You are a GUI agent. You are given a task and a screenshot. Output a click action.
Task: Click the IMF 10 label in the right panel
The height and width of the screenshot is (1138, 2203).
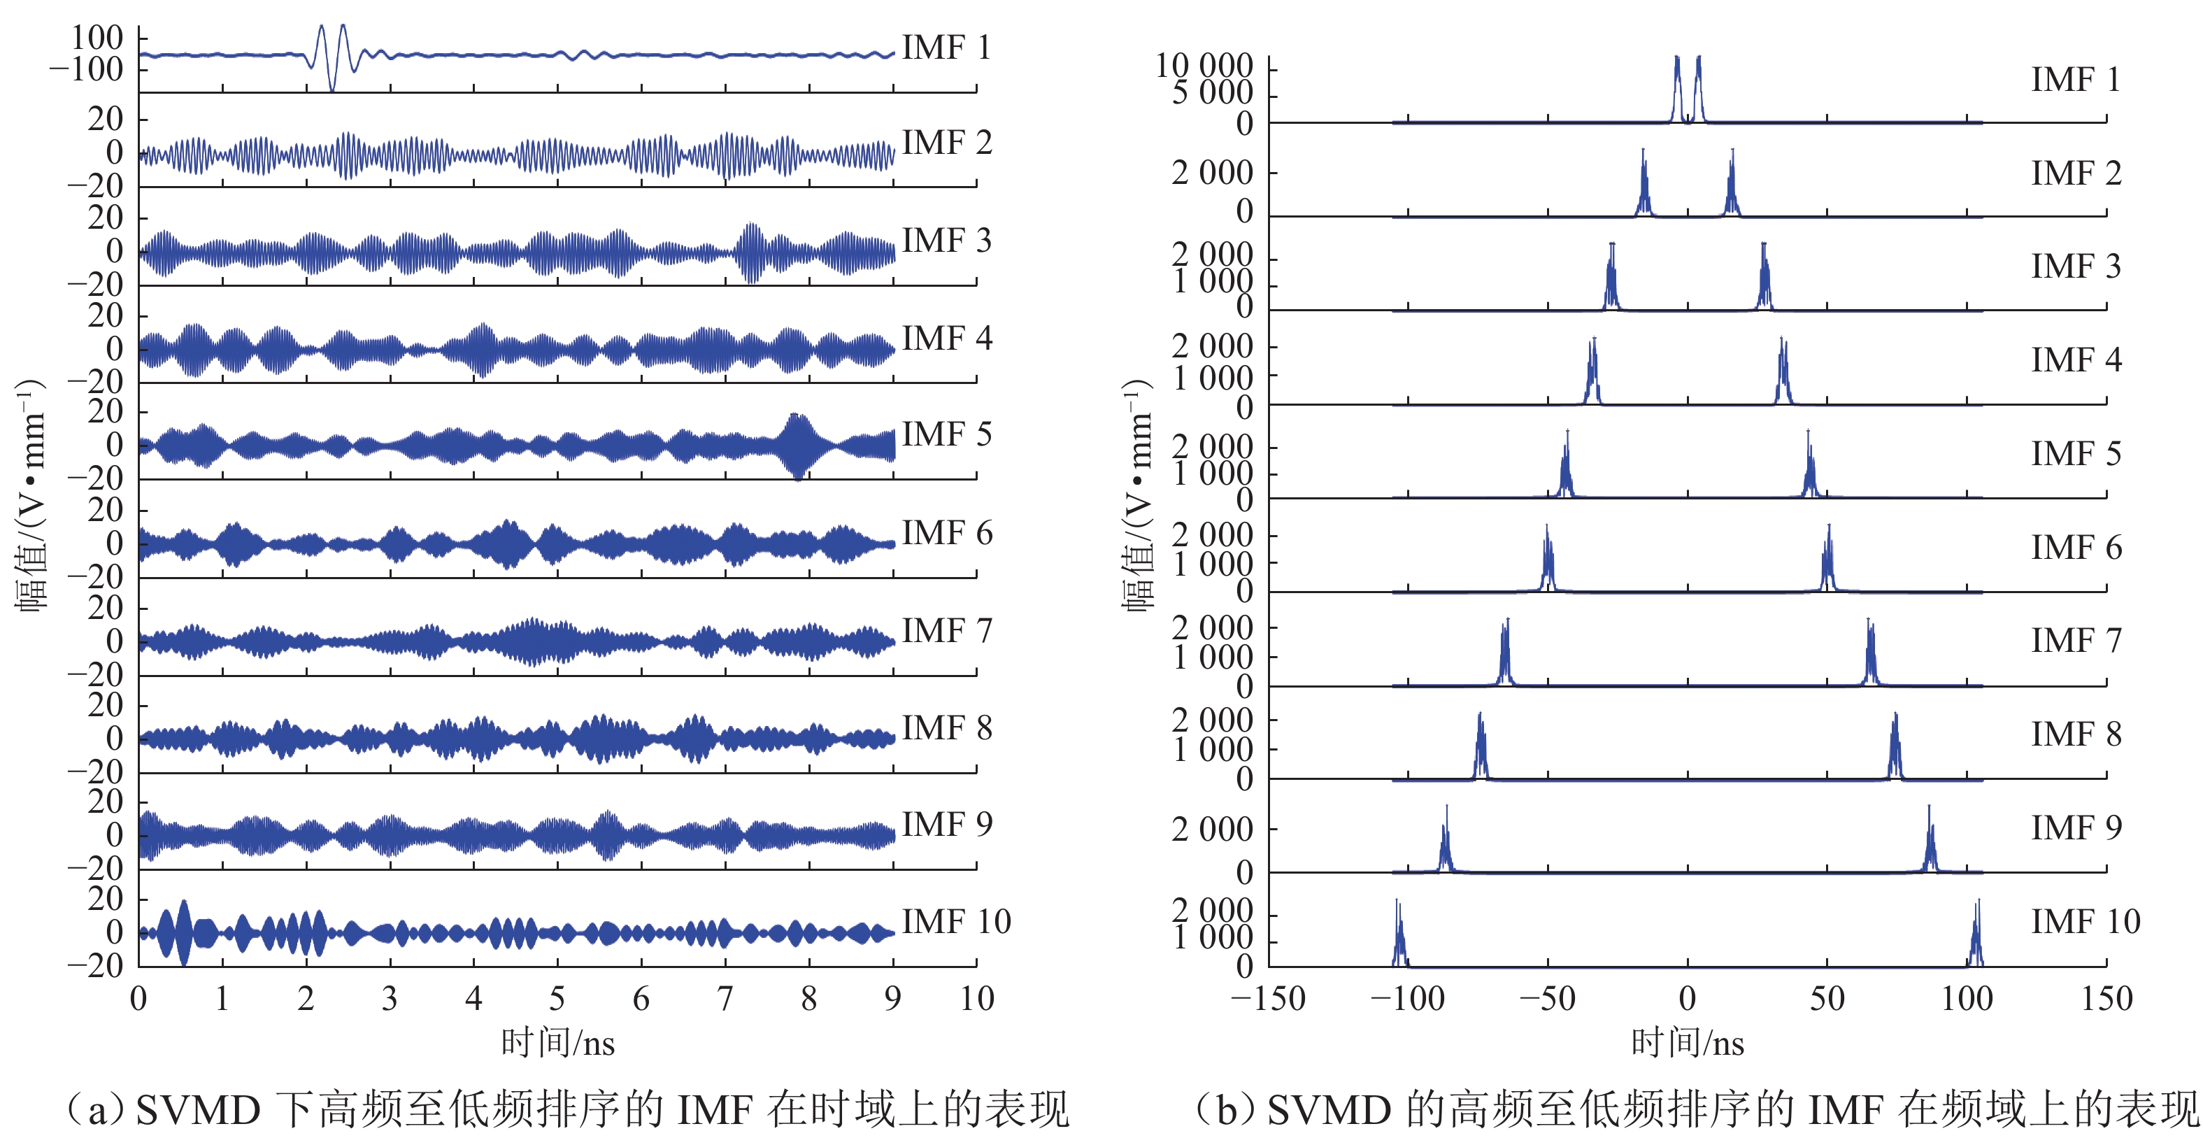(2085, 922)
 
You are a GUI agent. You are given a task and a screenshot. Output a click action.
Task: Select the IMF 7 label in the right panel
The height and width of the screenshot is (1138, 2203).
(2076, 641)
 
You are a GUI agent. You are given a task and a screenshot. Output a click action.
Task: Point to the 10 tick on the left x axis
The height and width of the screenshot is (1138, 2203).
(976, 999)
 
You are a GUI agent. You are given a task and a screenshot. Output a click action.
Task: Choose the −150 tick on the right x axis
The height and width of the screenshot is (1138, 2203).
(1268, 999)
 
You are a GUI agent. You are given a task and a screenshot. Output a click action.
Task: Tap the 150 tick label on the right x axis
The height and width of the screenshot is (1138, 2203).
(2106, 999)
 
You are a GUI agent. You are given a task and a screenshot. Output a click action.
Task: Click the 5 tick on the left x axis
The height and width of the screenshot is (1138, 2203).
(557, 999)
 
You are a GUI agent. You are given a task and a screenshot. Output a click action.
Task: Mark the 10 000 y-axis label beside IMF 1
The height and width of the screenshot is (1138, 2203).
(1204, 66)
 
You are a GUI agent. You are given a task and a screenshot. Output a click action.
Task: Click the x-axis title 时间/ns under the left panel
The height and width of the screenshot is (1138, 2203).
(557, 1043)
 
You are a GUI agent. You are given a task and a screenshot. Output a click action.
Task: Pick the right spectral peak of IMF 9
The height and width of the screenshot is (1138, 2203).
(1930, 839)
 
